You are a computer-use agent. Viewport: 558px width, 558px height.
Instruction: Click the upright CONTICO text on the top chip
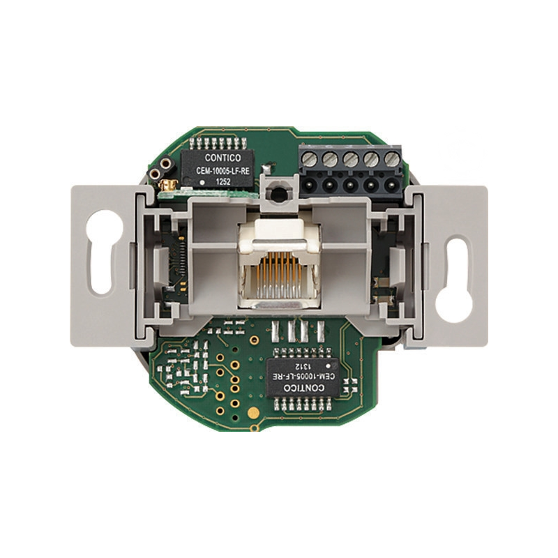(x=223, y=158)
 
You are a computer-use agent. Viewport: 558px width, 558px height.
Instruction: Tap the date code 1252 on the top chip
(x=223, y=182)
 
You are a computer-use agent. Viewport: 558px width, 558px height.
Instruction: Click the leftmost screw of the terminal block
(x=309, y=158)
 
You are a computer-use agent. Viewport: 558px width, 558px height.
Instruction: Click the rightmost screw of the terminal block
(x=392, y=159)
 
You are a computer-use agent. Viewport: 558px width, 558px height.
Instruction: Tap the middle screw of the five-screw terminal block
(x=351, y=159)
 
